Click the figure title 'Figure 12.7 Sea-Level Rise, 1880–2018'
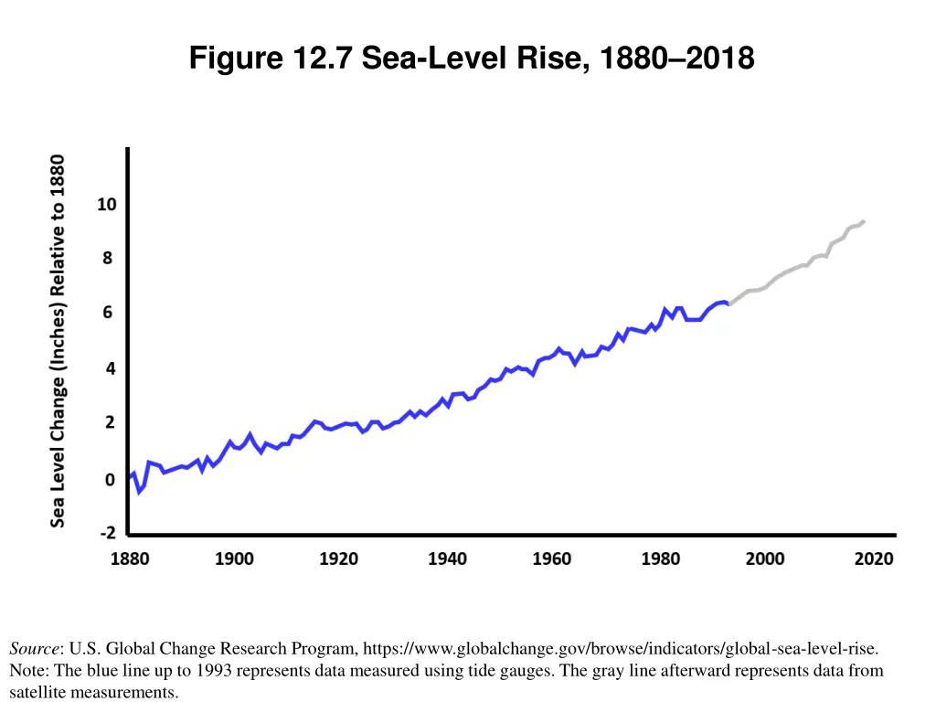472,58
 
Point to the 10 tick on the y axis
107,204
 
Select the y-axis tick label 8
108,259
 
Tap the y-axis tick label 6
108,313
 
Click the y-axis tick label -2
107,533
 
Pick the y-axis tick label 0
108,479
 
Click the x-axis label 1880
130,558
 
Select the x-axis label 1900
234,558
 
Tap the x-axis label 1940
447,558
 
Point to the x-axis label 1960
552,558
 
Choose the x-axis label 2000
765,558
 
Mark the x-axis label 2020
874,558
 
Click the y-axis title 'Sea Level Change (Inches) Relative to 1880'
58,340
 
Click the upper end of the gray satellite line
863,221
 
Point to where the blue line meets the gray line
728,303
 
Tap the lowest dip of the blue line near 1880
139,492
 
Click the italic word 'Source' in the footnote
34,649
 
